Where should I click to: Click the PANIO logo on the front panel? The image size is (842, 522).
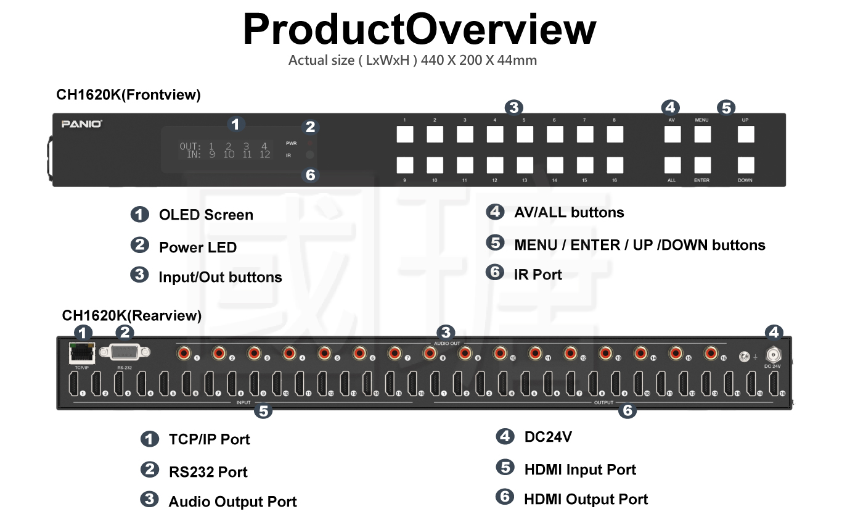[x=82, y=124]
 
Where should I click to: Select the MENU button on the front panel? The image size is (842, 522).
[x=702, y=135]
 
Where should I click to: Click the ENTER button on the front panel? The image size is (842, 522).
[x=702, y=165]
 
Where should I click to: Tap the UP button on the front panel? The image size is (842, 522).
[x=746, y=135]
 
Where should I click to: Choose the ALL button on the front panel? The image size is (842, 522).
[x=672, y=165]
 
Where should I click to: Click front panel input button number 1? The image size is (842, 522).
[x=405, y=135]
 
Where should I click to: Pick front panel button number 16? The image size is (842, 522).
[x=615, y=165]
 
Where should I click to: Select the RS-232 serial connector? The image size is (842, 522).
[x=125, y=352]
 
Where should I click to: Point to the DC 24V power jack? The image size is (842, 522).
[x=773, y=355]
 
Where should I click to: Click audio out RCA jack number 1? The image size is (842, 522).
[x=184, y=354]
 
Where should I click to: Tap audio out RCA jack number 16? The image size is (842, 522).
[x=711, y=354]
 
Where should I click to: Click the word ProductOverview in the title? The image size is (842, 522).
[x=420, y=28]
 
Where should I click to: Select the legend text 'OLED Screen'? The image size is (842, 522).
[x=206, y=215]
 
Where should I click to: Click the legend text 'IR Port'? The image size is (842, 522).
[x=537, y=275]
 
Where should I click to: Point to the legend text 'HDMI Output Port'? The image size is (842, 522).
[x=586, y=499]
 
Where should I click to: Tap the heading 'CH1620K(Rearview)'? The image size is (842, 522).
[x=132, y=316]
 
